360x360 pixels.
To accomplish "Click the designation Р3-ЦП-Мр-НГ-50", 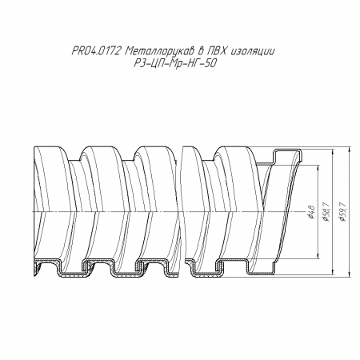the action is tap(174, 64).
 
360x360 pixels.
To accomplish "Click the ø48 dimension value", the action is tap(311, 212).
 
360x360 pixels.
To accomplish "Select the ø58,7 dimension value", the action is tap(326, 212).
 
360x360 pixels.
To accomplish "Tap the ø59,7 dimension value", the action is tap(342, 212).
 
